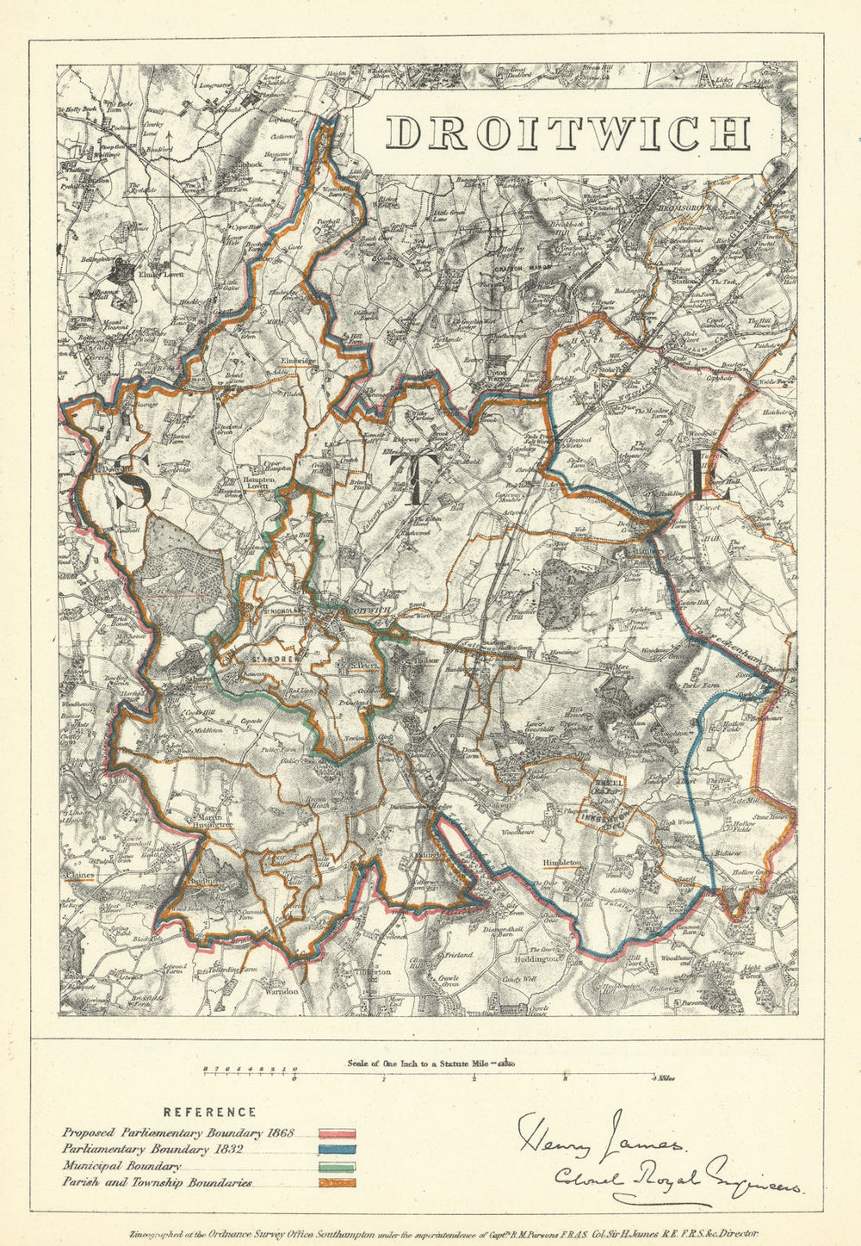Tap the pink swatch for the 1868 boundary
click(x=338, y=1134)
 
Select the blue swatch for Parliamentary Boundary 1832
click(x=338, y=1150)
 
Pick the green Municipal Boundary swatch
click(x=338, y=1167)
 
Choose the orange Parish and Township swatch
click(x=338, y=1183)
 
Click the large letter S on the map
click(x=133, y=485)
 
